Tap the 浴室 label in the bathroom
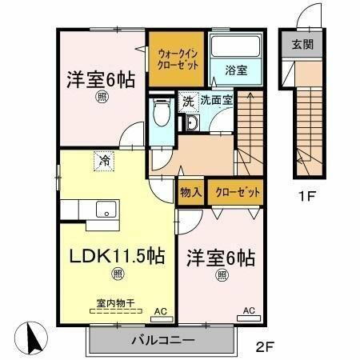pyautogui.click(x=236, y=70)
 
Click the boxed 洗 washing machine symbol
pyautogui.click(x=189, y=102)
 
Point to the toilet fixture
pyautogui.click(x=160, y=112)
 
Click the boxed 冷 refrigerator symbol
pyautogui.click(x=104, y=160)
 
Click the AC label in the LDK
pyautogui.click(x=160, y=310)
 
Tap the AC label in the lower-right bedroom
pyautogui.click(x=248, y=310)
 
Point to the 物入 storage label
pyautogui.click(x=190, y=194)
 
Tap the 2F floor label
pyautogui.click(x=267, y=349)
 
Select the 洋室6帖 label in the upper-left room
pyautogui.click(x=100, y=80)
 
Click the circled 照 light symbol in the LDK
pyautogui.click(x=118, y=274)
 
